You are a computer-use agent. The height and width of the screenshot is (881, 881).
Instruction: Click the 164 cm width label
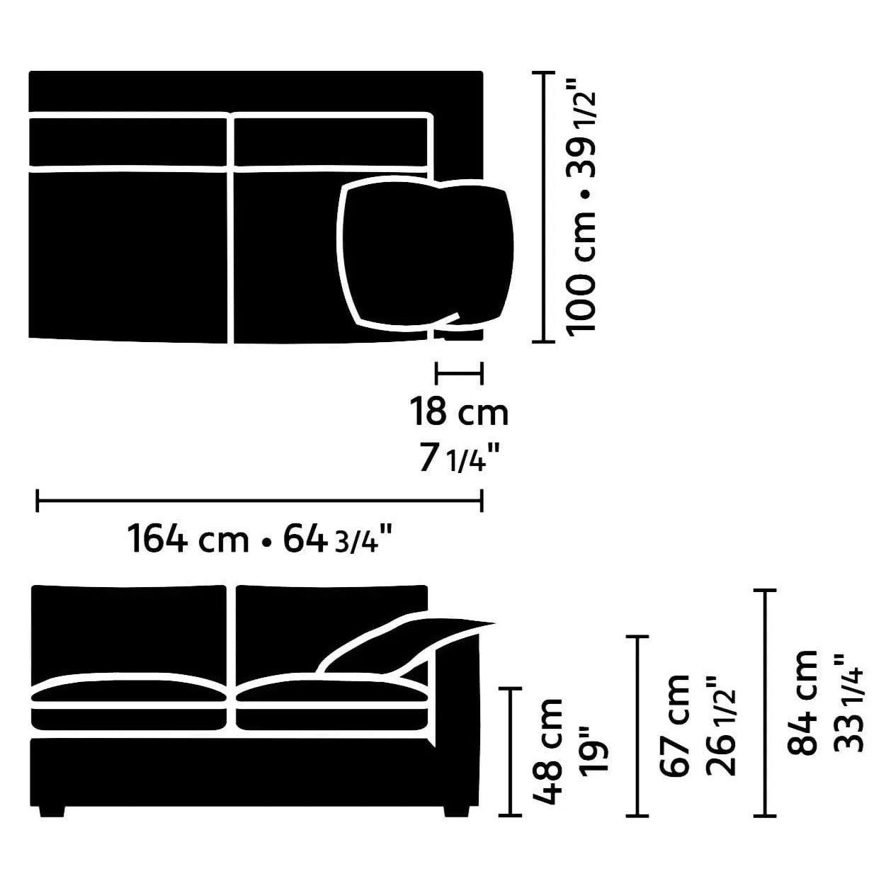[188, 539]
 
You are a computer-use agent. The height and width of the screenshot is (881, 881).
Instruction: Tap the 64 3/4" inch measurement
[338, 538]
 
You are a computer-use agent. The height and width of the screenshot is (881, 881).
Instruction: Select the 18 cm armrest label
[458, 412]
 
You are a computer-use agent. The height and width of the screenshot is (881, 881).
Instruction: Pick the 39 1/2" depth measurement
[581, 131]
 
